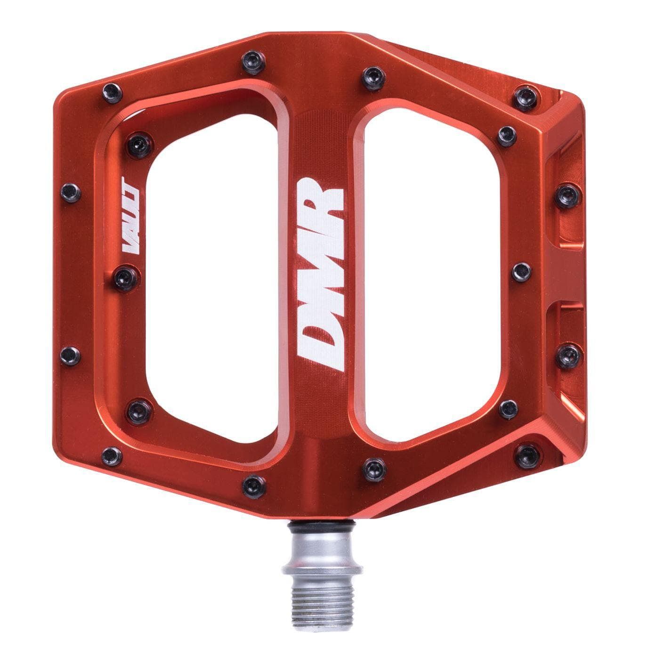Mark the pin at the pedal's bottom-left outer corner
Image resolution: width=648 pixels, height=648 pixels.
pyautogui.click(x=112, y=455)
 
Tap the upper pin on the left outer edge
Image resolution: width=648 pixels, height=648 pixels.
pyautogui.click(x=71, y=192)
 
